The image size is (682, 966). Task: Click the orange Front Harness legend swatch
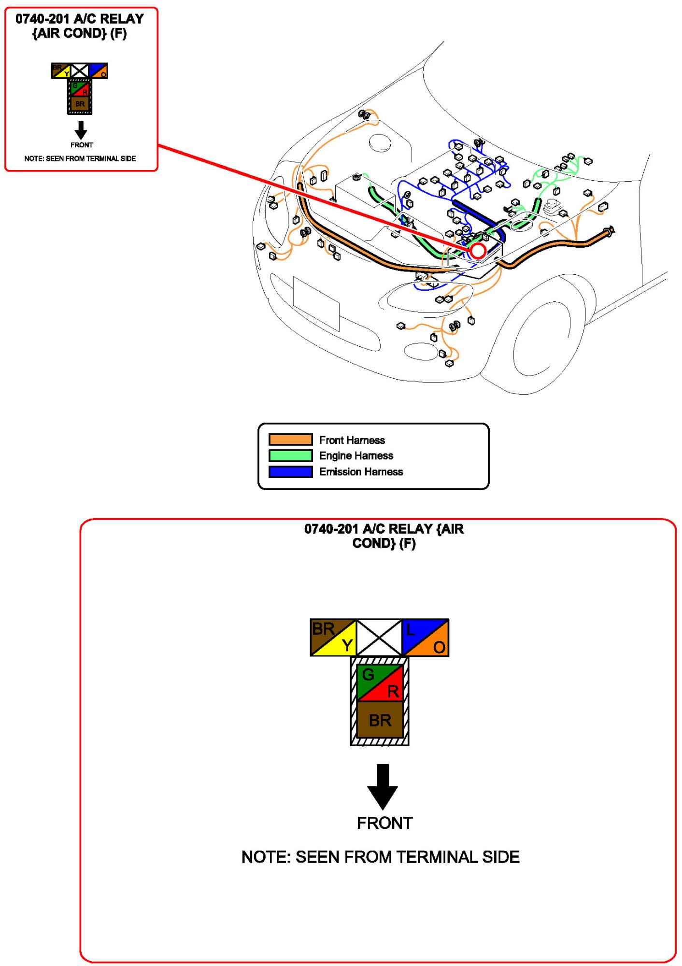tap(290, 440)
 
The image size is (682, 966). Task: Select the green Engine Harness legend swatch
tap(290, 455)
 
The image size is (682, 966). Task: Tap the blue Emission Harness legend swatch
tap(290, 471)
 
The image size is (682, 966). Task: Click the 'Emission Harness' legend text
tap(361, 471)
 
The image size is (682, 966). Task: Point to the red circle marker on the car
tap(478, 251)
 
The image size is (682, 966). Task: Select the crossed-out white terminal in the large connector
tap(379, 638)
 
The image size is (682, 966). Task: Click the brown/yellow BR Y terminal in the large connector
tap(333, 638)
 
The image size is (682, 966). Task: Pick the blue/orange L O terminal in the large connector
tap(426, 638)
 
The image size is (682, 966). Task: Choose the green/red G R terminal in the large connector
tap(380, 682)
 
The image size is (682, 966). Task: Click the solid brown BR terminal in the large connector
tap(380, 720)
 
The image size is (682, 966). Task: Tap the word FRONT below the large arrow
tap(384, 823)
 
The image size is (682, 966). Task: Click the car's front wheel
tap(541, 338)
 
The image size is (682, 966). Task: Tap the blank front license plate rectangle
tap(316, 303)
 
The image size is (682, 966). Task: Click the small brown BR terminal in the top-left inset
tap(80, 104)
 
